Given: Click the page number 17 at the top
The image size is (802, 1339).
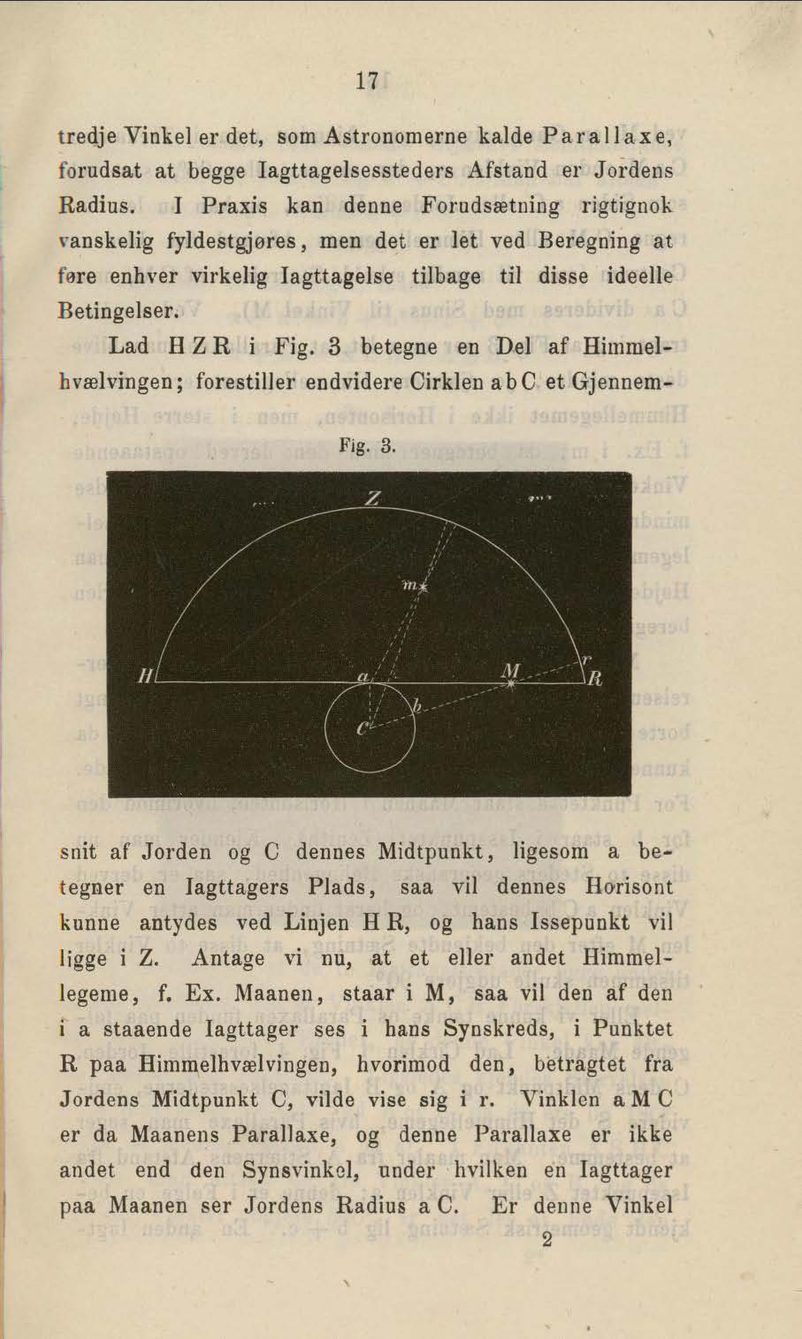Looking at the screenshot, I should tap(367, 81).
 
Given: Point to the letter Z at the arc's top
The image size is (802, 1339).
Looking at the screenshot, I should tap(371, 499).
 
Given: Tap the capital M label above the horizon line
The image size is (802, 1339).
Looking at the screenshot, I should tap(510, 670).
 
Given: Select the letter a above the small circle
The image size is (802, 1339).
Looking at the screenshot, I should tap(363, 677).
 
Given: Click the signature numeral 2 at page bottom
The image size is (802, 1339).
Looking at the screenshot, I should tap(547, 1240).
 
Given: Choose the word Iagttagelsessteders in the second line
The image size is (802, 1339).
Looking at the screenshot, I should tap(356, 171).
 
